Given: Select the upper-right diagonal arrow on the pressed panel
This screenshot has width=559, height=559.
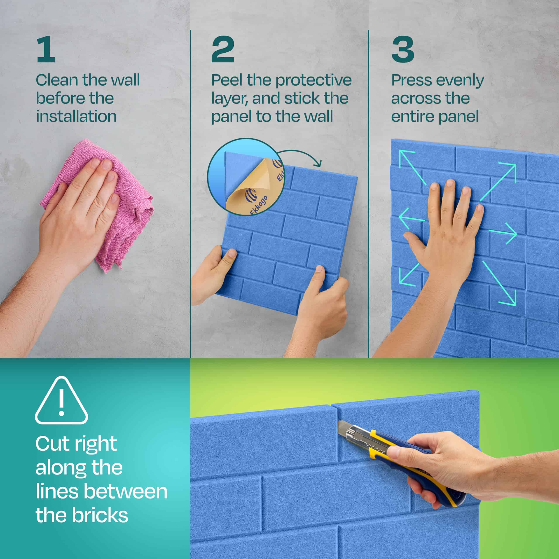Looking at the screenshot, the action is pos(498,182).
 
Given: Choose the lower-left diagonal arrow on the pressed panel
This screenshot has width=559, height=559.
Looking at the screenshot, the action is pos(409,275).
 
